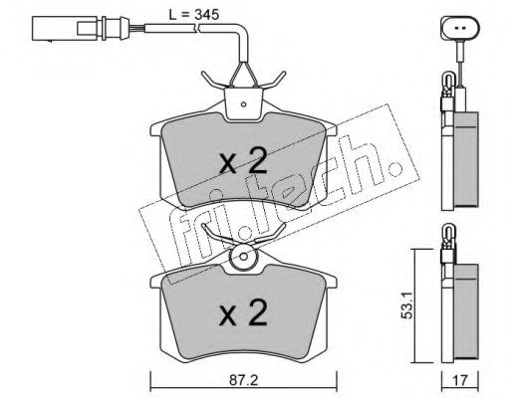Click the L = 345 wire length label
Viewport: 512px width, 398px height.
tap(194, 15)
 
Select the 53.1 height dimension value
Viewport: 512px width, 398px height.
tap(406, 305)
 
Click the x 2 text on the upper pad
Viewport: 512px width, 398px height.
tap(243, 161)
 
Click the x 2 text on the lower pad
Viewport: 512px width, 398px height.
tap(243, 312)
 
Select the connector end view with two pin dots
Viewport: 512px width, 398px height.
tap(460, 29)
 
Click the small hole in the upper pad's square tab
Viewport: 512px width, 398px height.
tap(243, 104)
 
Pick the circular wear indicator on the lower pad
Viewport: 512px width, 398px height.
tap(243, 257)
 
